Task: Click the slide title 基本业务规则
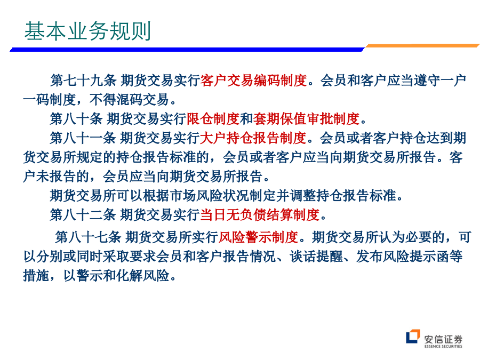point(87,31)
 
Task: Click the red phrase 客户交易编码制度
point(253,81)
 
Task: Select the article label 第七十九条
point(83,81)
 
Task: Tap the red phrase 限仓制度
point(213,119)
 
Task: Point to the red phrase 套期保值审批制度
point(306,119)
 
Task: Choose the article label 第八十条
point(76,119)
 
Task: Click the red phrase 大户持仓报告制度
point(253,138)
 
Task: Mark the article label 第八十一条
point(83,138)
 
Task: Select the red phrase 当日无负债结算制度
point(260,214)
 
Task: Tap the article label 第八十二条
point(83,214)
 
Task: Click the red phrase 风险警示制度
point(258,237)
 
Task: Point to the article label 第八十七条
point(89,237)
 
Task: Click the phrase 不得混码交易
point(129,100)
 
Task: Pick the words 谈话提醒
point(316,257)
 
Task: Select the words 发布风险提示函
point(403,257)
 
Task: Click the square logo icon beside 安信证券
point(413,337)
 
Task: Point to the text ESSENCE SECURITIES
point(443,347)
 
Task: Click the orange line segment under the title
point(422,46)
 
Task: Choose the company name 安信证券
point(443,339)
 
